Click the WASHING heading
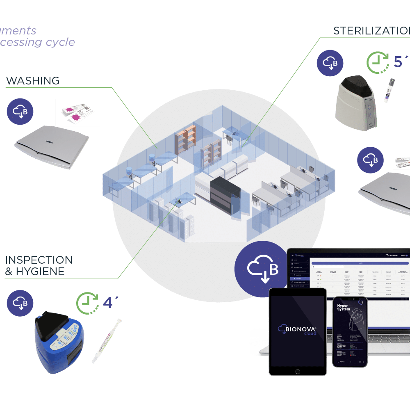(33, 80)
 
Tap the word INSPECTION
(39, 260)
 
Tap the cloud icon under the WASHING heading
(20, 111)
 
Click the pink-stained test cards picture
(77, 112)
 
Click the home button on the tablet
(297, 369)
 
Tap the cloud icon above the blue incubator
(20, 303)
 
